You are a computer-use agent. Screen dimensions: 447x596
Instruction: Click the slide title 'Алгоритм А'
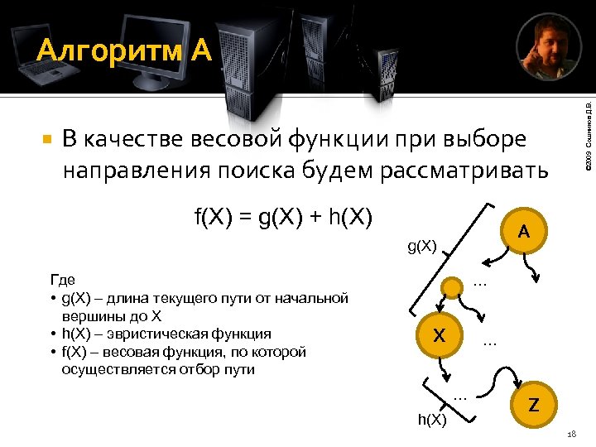[125, 51]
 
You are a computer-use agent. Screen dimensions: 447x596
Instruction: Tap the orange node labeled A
[524, 233]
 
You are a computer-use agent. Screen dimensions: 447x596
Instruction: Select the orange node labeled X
[440, 337]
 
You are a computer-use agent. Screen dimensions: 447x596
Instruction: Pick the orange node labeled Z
[534, 405]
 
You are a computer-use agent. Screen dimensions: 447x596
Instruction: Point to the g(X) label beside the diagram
[422, 245]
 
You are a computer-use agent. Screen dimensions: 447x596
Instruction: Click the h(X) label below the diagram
[432, 420]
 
